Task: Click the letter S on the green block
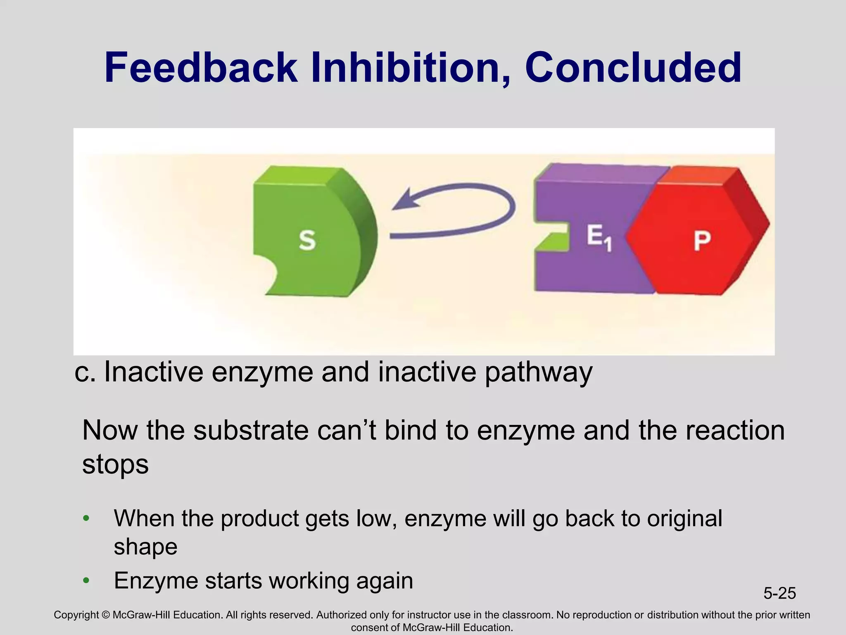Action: click(307, 240)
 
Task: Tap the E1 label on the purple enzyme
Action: click(599, 239)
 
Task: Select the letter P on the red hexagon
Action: click(702, 241)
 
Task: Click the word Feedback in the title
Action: click(200, 68)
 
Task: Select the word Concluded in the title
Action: click(633, 68)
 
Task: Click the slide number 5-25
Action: click(779, 593)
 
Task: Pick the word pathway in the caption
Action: click(538, 372)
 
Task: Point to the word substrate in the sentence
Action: click(251, 430)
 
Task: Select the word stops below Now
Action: click(115, 464)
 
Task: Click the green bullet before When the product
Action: click(86, 518)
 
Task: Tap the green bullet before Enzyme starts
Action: click(86, 580)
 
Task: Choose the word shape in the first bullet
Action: click(145, 547)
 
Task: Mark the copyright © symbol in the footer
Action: click(105, 615)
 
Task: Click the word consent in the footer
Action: click(369, 628)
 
